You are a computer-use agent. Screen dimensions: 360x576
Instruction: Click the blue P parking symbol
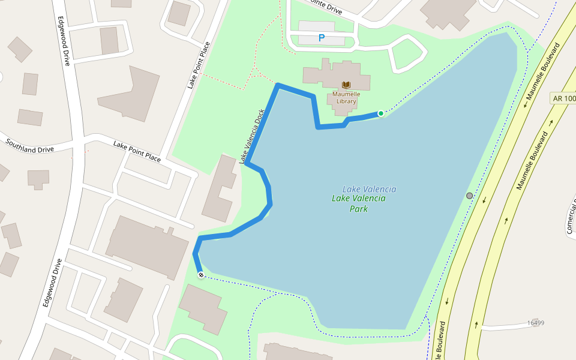pyautogui.click(x=322, y=38)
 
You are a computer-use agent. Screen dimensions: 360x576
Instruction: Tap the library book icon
pyautogui.click(x=346, y=85)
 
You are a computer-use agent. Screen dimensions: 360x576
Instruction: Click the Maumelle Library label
pyautogui.click(x=346, y=97)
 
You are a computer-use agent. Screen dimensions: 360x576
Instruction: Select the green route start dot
pyautogui.click(x=380, y=113)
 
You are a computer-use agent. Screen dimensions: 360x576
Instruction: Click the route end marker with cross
pyautogui.click(x=201, y=275)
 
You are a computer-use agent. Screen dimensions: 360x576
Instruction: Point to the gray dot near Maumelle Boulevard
pyautogui.click(x=469, y=196)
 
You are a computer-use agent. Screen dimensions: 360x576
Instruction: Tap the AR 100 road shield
pyautogui.click(x=563, y=98)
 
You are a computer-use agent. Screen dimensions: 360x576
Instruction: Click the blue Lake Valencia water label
pyautogui.click(x=369, y=189)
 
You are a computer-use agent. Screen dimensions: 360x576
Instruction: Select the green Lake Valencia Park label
pyautogui.click(x=359, y=203)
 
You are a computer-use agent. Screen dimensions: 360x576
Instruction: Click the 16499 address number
pyautogui.click(x=535, y=323)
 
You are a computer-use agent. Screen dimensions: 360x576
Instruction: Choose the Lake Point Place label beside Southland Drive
pyautogui.click(x=137, y=152)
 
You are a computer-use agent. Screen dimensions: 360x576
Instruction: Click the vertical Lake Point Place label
pyautogui.click(x=199, y=65)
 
